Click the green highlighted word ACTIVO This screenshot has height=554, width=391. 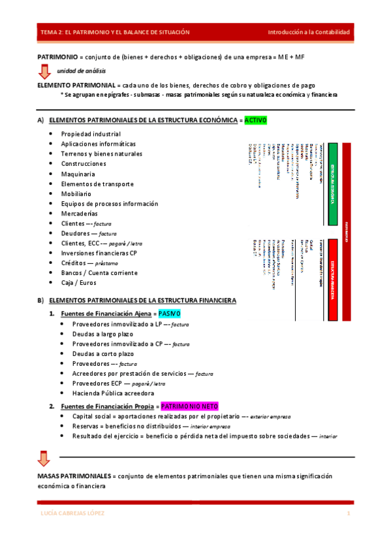(x=255, y=120)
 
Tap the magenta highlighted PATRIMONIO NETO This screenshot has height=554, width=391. (x=189, y=405)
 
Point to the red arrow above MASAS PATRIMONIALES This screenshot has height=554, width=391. (x=43, y=459)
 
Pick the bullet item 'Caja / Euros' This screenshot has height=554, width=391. (x=78, y=283)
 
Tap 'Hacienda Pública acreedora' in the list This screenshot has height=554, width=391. (x=113, y=393)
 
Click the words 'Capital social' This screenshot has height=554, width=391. (x=92, y=416)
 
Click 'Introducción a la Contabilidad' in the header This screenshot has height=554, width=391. (x=309, y=32)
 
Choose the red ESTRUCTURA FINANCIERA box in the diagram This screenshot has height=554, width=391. (x=332, y=279)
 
